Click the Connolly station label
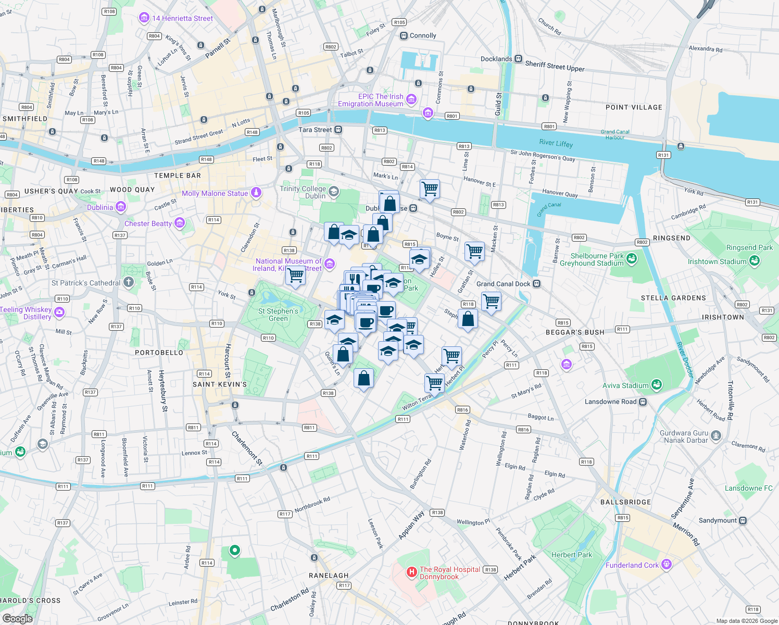[422, 36]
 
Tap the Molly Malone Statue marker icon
[256, 193]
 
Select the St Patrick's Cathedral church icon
[129, 283]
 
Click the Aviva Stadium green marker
[656, 385]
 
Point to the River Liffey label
[556, 143]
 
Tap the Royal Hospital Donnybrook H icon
[411, 572]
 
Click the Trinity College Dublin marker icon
[333, 192]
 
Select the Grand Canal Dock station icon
[537, 284]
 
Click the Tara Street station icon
[338, 130]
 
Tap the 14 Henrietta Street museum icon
[144, 18]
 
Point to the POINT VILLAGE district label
[634, 107]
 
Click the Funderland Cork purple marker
[666, 565]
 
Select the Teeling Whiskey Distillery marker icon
[59, 312]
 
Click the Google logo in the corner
[17, 618]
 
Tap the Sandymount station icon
[743, 520]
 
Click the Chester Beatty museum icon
[180, 223]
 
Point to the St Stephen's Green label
[278, 315]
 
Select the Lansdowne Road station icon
[643, 402]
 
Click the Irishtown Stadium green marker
[754, 261]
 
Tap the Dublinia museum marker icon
[121, 207]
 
